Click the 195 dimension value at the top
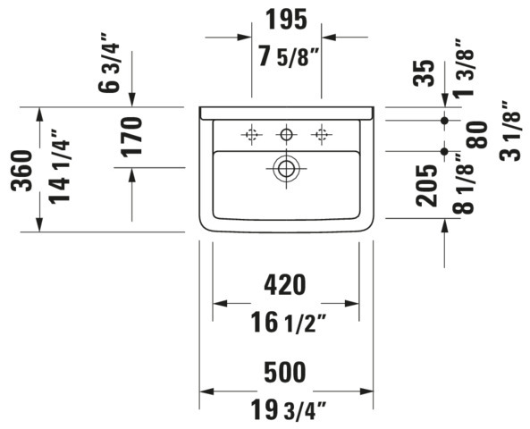[286, 20]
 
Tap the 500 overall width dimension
[285, 372]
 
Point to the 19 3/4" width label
[289, 409]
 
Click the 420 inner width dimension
[285, 284]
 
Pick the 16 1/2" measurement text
[289, 323]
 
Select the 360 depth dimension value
[21, 171]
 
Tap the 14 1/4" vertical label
[60, 166]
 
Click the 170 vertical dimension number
[131, 137]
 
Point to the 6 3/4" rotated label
[109, 63]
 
